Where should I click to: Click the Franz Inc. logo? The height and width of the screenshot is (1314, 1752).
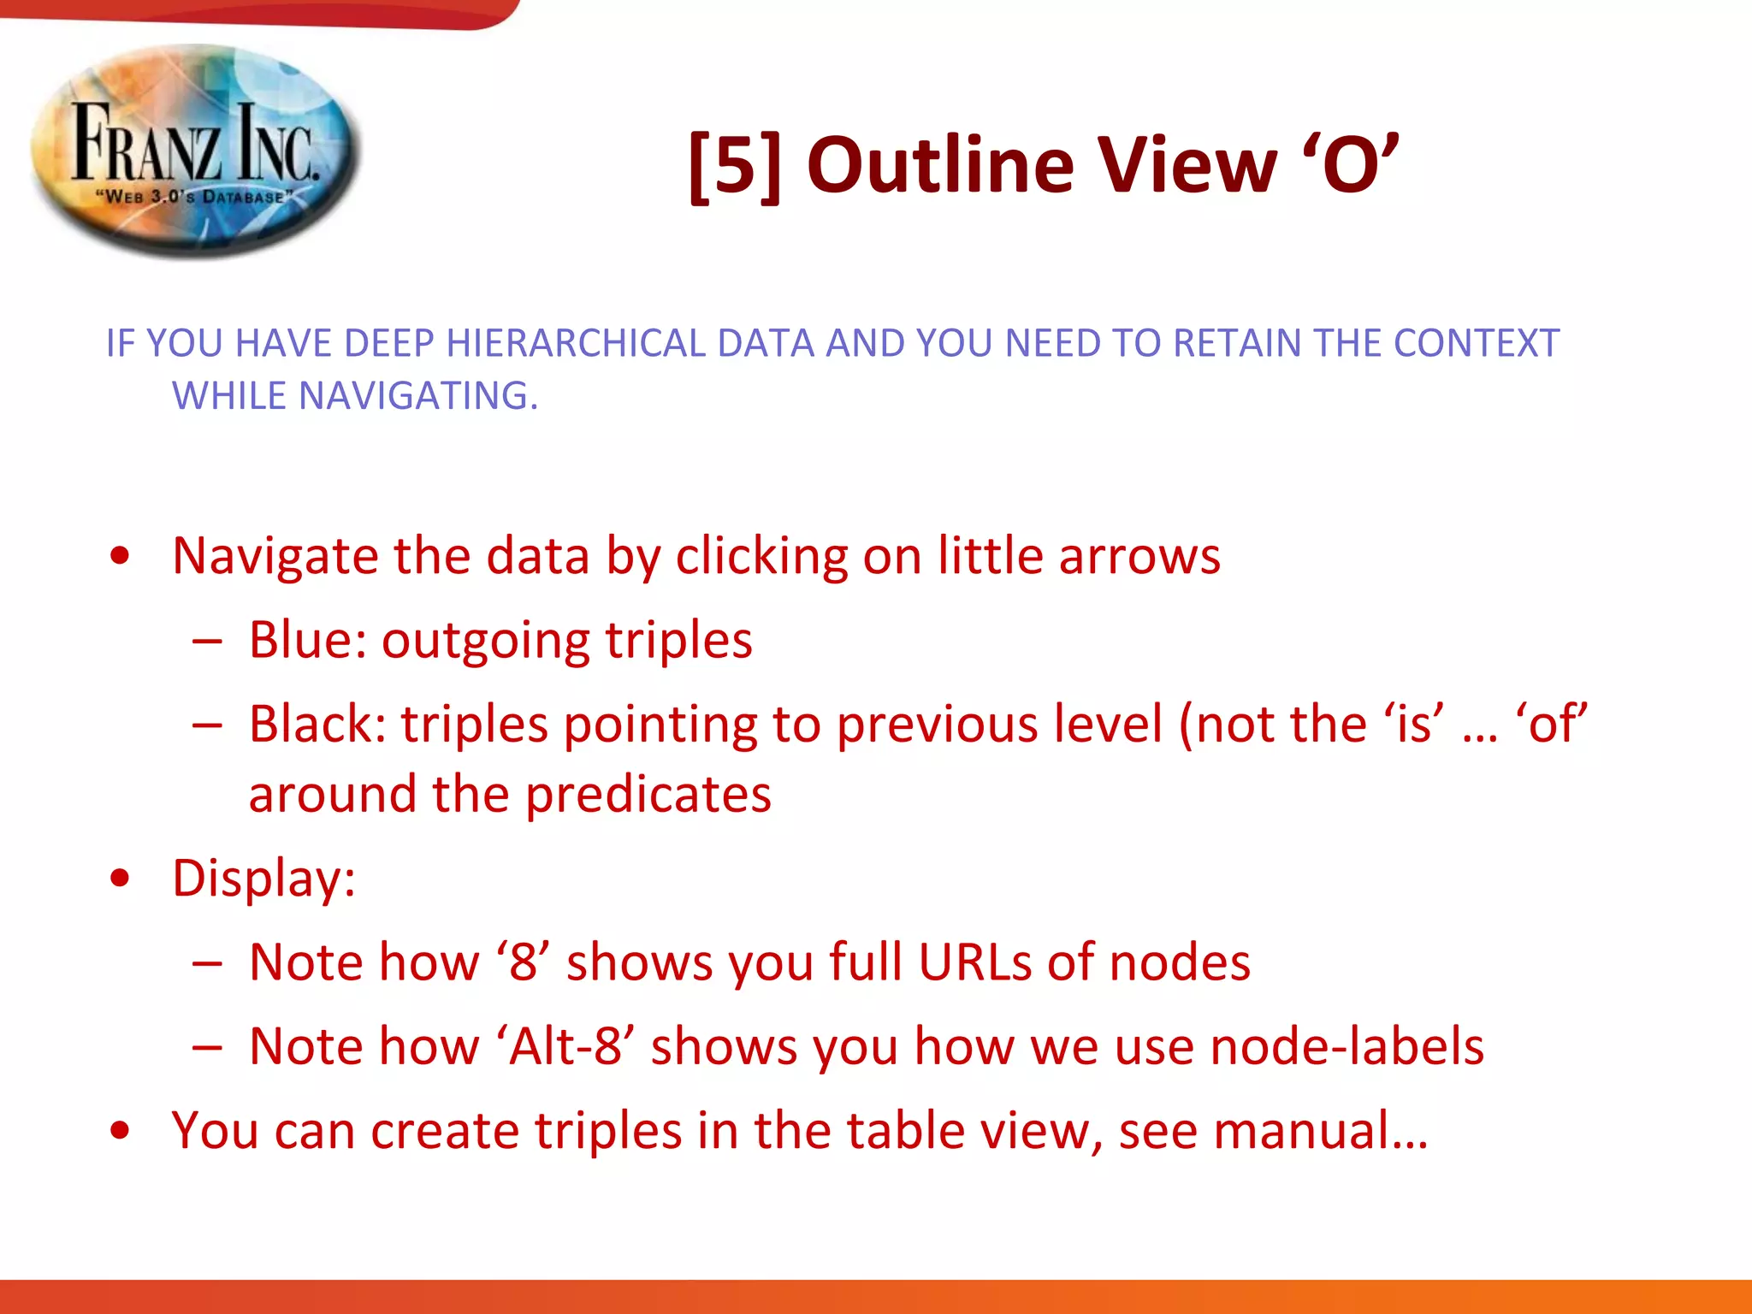[195, 152]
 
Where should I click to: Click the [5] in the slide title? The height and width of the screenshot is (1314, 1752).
[735, 166]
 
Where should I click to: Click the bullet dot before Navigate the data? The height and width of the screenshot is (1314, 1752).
[121, 556]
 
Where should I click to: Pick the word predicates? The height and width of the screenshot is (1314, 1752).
[648, 794]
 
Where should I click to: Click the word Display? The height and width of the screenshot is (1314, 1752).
[263, 878]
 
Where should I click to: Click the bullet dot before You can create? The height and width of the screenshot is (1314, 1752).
[121, 1131]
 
